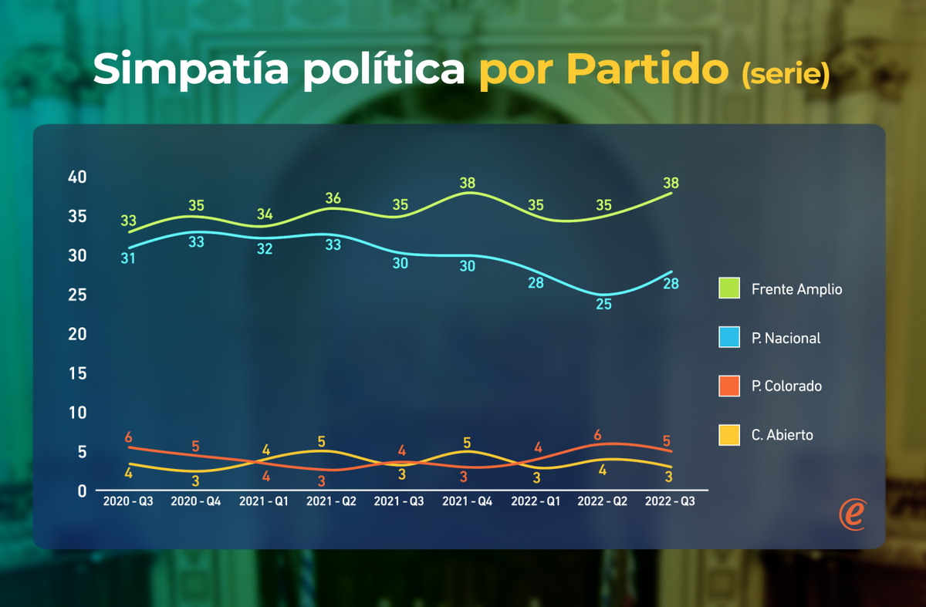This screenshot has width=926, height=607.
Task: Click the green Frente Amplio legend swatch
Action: pyautogui.click(x=729, y=288)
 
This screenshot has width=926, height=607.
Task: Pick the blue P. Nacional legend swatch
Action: pyautogui.click(x=729, y=337)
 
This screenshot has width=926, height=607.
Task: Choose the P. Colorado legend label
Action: pyautogui.click(x=786, y=386)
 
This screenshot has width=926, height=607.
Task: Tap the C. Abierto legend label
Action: pyautogui.click(x=782, y=435)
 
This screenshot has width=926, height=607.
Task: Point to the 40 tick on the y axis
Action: pyautogui.click(x=77, y=177)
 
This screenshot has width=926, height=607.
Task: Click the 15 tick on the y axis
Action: pyautogui.click(x=77, y=373)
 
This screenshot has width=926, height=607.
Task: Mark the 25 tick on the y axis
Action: pyautogui.click(x=77, y=295)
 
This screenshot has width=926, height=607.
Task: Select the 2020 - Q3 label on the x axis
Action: pyautogui.click(x=128, y=501)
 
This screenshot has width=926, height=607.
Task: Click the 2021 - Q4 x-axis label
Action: pyautogui.click(x=468, y=501)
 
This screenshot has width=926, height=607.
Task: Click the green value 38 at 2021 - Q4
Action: pyautogui.click(x=468, y=184)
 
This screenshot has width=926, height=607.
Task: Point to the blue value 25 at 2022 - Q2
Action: pyautogui.click(x=603, y=304)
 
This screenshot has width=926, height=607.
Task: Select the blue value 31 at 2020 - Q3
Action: pyautogui.click(x=128, y=258)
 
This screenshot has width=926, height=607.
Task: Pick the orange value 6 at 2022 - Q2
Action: pyautogui.click(x=598, y=435)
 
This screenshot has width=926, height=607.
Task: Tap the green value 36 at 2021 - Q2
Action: pyautogui.click(x=333, y=198)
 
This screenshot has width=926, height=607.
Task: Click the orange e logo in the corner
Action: pyautogui.click(x=853, y=514)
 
